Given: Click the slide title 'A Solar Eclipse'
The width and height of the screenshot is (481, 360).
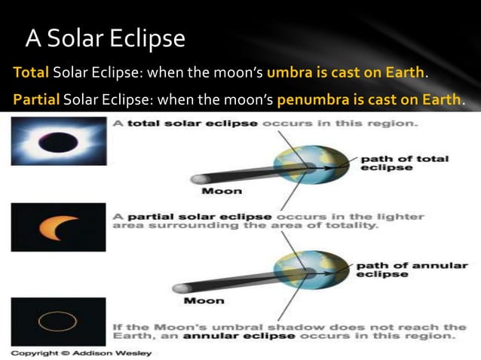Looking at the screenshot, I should pos(105,38).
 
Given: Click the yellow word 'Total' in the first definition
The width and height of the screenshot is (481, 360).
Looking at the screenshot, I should pos(30,75).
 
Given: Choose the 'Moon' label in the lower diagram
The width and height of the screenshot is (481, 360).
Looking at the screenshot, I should pos(204,301).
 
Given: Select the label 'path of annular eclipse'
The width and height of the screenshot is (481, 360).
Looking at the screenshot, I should pos(411,270).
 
